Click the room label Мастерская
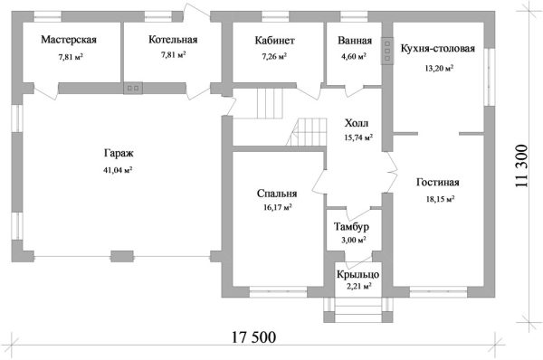tap(69, 40)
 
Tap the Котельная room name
tap(173, 40)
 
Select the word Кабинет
tap(274, 41)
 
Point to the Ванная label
tap(355, 41)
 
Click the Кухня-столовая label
tap(438, 49)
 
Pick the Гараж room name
tap(119, 154)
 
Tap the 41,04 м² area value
tap(118, 170)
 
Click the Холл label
tap(357, 123)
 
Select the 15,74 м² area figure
tap(358, 137)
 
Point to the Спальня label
tap(277, 194)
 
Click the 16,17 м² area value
tap(277, 207)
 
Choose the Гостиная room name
tap(438, 183)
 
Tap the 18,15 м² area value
tap(440, 199)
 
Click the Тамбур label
tap(351, 227)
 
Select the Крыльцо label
tap(357, 274)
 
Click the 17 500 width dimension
tap(253, 337)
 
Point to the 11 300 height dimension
tap(521, 166)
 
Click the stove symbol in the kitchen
tap(386, 51)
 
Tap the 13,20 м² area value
tap(439, 68)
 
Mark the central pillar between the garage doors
tap(122, 256)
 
